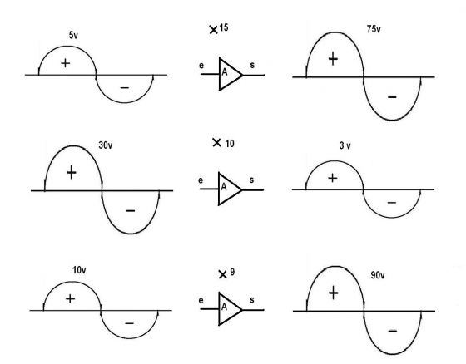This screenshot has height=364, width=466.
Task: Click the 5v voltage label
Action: tap(73, 35)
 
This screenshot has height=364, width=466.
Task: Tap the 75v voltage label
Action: tap(374, 29)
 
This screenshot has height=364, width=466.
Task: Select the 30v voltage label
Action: tap(106, 145)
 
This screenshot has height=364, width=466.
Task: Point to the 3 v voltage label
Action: tap(345, 145)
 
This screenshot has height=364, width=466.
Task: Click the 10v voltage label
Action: tap(79, 270)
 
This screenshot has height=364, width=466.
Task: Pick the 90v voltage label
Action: tap(378, 275)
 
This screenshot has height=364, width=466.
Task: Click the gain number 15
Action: tap(224, 27)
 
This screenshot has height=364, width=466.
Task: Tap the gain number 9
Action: tap(232, 272)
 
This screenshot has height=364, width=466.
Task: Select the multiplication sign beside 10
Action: tap(216, 142)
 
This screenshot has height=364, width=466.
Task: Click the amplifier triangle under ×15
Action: tap(231, 74)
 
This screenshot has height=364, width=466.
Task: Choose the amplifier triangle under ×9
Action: tap(231, 309)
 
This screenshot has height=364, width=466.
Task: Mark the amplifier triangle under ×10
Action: tap(230, 189)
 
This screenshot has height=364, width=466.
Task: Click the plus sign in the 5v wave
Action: tap(66, 63)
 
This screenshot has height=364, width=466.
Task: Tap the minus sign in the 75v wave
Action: tap(392, 97)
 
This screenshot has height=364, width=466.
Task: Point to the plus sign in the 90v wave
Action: tap(334, 293)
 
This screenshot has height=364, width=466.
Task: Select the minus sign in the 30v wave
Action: tap(131, 210)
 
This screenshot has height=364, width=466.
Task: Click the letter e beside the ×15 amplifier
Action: tap(201, 66)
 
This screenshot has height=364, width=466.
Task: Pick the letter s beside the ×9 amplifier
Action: tap(252, 300)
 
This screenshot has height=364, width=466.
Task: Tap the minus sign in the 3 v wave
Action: tap(392, 203)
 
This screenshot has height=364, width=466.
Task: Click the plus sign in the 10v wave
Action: tap(70, 298)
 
